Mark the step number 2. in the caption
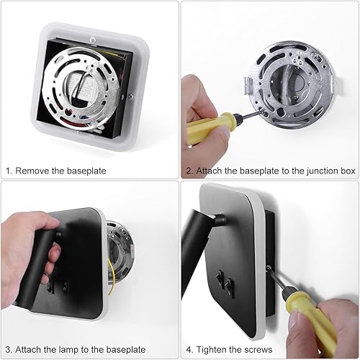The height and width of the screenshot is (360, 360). tap(189, 171)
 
